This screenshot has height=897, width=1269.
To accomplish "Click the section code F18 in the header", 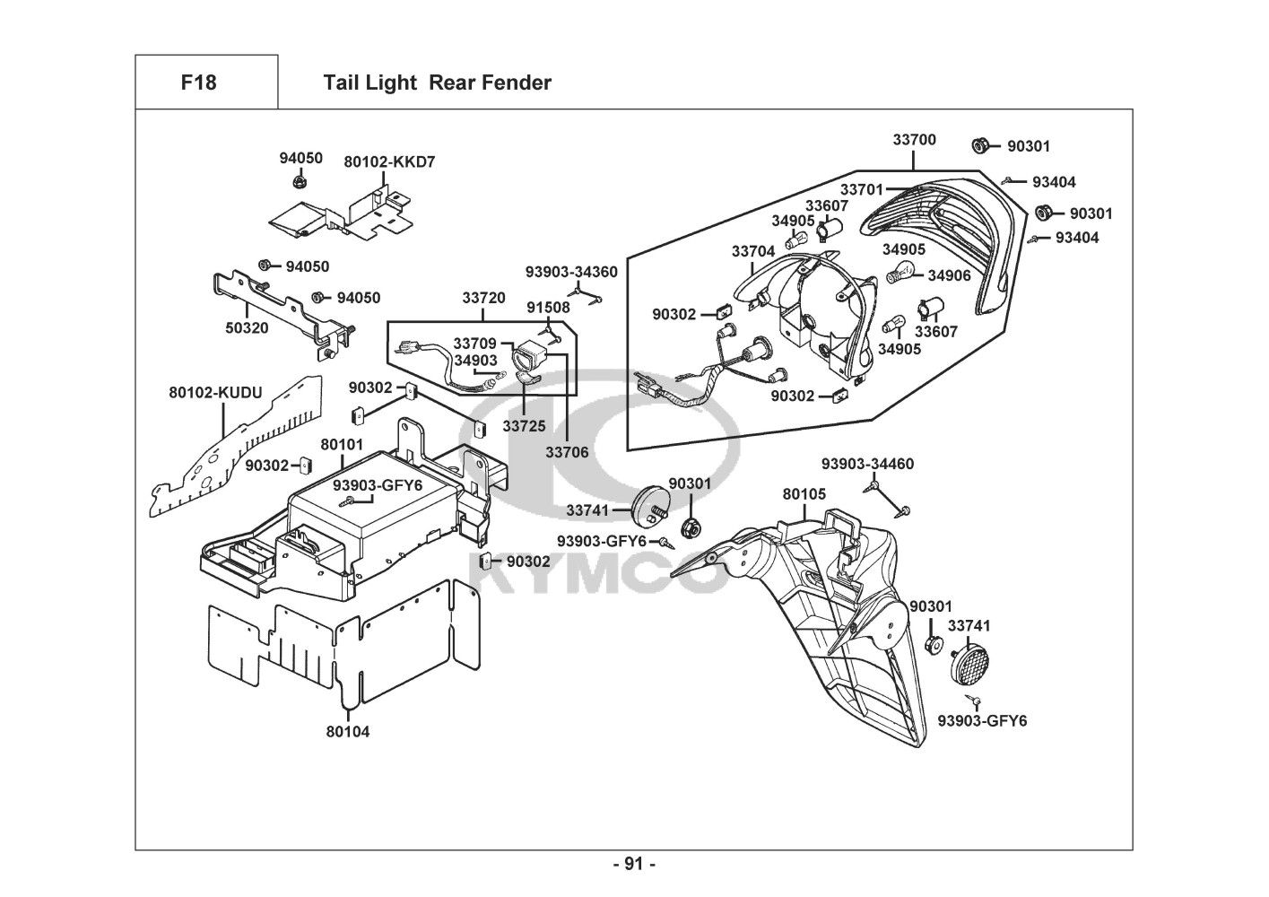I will point(198,83).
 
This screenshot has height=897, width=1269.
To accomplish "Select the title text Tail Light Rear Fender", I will point(437,83).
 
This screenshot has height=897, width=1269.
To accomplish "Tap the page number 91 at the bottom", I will point(634,865).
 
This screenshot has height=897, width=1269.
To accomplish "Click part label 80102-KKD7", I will point(390,162).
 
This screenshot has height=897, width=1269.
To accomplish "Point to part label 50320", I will point(247,328).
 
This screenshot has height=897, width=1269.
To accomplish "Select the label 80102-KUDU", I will point(215,392).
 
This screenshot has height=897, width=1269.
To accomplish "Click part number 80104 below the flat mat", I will point(348,731).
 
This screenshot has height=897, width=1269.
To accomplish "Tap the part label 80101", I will point(342,444).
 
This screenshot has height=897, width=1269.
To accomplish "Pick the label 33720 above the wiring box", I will point(483,298).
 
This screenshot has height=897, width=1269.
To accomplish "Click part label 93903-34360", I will point(571,272).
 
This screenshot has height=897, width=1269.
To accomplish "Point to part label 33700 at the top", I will point(914,140).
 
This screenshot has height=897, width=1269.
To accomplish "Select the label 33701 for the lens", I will point(862,189).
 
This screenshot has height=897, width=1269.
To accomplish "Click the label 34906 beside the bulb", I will point(949,275).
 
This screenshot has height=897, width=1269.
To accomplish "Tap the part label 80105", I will point(804,494).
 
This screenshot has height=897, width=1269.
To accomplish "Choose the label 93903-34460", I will point(868,464).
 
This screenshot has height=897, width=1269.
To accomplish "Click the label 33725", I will point(524,426).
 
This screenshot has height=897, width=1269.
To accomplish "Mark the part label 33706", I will point(567,452).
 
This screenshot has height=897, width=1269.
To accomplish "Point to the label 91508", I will point(548,308).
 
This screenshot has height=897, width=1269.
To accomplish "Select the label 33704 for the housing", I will point(753,252).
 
